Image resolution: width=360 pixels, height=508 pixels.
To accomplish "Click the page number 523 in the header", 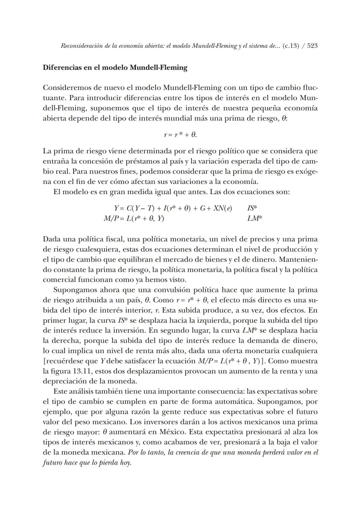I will click(x=312, y=46).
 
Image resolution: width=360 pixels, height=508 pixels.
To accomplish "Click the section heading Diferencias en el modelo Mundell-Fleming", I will click(x=115, y=68).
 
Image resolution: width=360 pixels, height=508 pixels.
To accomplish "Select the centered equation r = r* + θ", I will click(x=180, y=135).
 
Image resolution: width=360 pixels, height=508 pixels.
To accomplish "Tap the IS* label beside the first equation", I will click(x=252, y=208).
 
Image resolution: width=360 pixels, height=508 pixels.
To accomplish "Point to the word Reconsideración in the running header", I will click(x=81, y=46).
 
